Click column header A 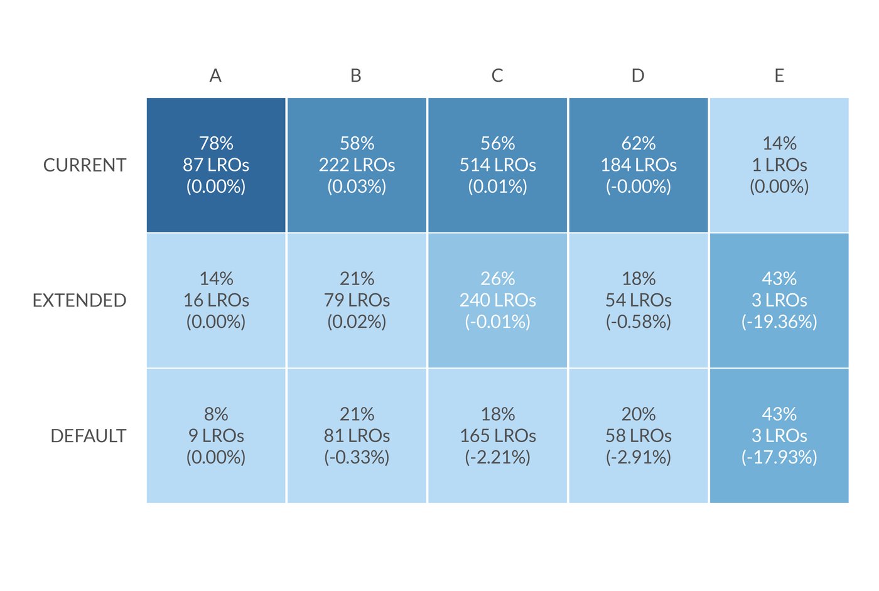click(215, 76)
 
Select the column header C click(497, 76)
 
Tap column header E click(779, 76)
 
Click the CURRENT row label click(85, 165)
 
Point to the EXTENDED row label click(79, 301)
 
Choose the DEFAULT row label click(88, 436)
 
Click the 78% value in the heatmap click(216, 143)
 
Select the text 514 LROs click(498, 165)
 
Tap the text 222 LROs click(357, 165)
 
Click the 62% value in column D click(639, 143)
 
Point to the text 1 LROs click(779, 165)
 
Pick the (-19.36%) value click(779, 322)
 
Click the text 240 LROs click(498, 301)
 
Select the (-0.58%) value click(639, 322)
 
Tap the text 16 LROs click(216, 301)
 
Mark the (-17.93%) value click(779, 457)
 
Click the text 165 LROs click(498, 436)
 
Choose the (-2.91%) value click(639, 457)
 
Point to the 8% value click(216, 415)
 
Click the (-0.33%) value click(357, 457)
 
